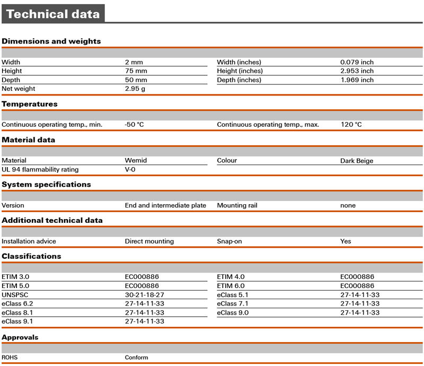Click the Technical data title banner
click(53, 14)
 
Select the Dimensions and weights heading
click(51, 41)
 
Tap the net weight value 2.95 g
click(135, 89)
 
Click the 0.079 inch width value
click(357, 62)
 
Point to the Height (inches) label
click(240, 71)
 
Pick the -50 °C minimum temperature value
click(134, 125)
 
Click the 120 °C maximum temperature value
click(351, 125)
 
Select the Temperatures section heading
click(30, 104)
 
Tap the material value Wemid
click(136, 160)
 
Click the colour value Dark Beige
click(357, 161)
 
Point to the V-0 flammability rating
click(130, 170)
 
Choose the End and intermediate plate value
click(165, 205)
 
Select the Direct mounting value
click(149, 241)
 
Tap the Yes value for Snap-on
click(346, 241)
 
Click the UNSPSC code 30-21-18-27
click(144, 294)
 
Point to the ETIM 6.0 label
click(231, 285)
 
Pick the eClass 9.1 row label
click(17, 321)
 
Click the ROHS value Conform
click(136, 358)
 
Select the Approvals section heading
click(20, 337)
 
